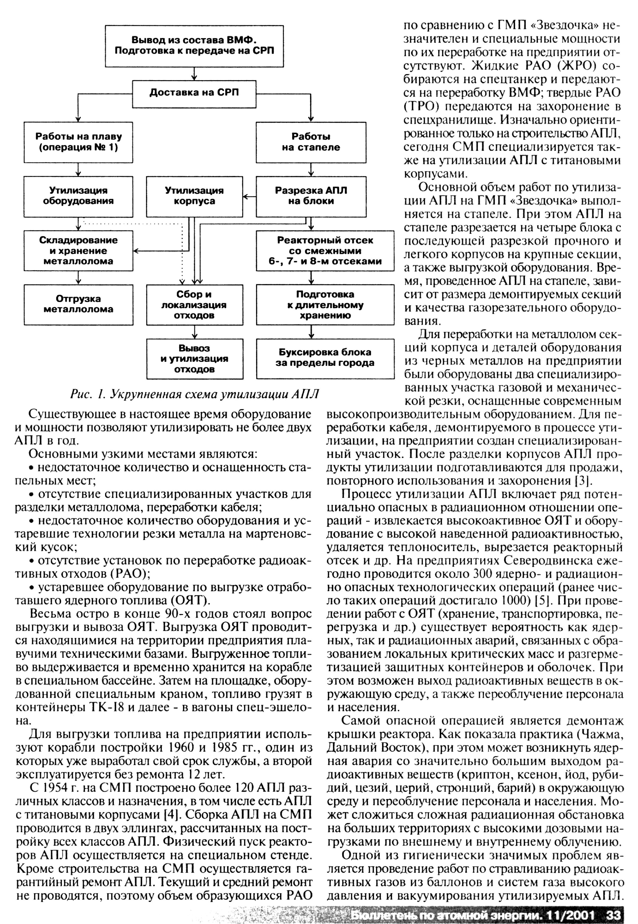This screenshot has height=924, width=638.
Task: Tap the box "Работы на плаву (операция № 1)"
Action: tap(78, 142)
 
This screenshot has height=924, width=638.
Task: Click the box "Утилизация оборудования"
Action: tap(78, 196)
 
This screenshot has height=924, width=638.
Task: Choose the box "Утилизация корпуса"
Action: tap(194, 196)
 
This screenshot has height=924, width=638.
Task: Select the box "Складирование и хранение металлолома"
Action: tap(78, 250)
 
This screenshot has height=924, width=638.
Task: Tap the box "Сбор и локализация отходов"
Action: tap(194, 304)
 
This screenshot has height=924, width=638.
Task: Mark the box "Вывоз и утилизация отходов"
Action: tap(194, 358)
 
